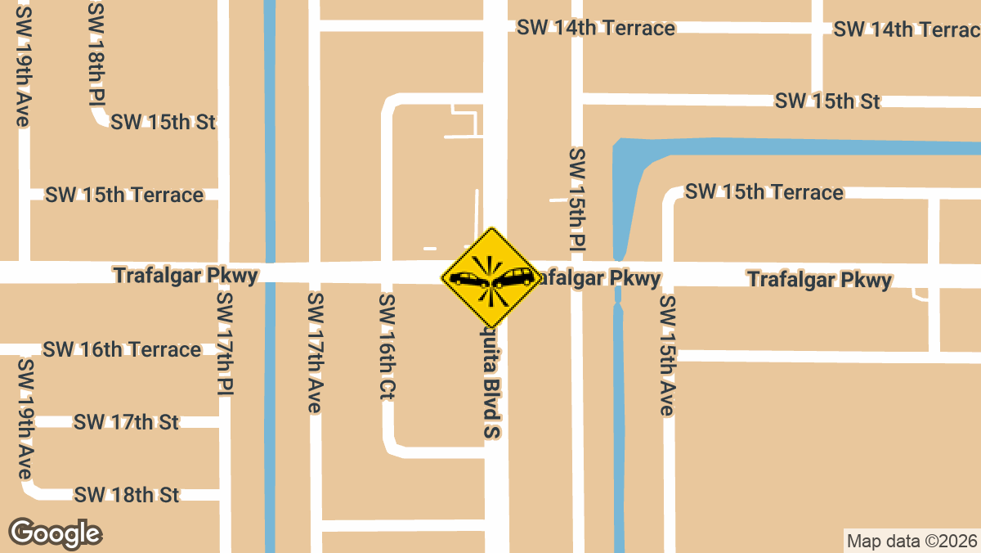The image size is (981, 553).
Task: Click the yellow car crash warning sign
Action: coord(492,279)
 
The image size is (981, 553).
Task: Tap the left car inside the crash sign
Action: coord(469,280)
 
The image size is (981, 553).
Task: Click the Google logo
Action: coord(55,533)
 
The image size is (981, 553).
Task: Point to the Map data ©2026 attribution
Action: coord(911,541)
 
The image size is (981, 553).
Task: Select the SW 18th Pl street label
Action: coord(96,54)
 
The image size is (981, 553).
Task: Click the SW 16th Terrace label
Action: coord(122,350)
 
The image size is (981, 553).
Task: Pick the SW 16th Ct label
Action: coord(387,347)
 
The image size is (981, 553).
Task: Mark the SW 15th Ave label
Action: coord(668,356)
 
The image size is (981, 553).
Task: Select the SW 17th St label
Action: coord(126,423)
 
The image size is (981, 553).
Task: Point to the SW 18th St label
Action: coord(126,496)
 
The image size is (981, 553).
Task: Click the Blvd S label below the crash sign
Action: coord(490,384)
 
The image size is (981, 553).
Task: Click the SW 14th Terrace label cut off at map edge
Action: coord(906,30)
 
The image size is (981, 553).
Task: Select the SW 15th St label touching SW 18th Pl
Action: coord(163,123)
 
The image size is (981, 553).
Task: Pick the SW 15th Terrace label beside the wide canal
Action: coord(764,192)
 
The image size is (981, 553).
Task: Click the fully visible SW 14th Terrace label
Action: coord(596,29)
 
